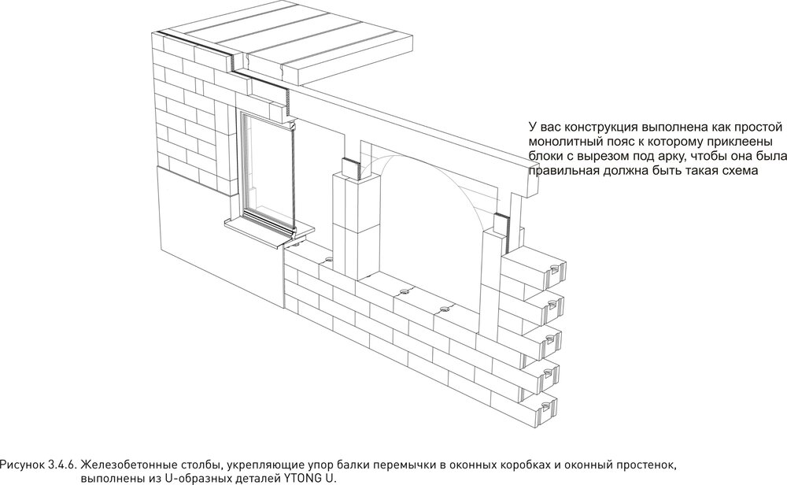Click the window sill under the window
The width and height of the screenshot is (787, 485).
click(260, 228)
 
